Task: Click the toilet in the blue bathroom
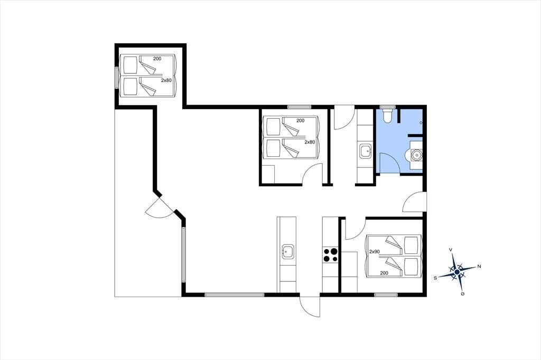(387, 115)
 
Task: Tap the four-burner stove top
(330, 255)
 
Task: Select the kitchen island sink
(288, 252)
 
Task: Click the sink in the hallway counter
(365, 151)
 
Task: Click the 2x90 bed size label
(375, 252)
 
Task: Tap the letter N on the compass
(479, 266)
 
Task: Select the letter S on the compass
(435, 278)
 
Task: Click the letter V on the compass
(450, 250)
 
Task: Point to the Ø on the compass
(462, 294)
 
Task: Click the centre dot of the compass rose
(457, 272)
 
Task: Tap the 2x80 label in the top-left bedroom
(166, 80)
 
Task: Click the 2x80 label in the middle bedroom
(310, 141)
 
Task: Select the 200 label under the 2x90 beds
(384, 273)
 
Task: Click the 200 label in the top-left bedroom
(157, 59)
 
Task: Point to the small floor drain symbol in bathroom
(421, 122)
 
